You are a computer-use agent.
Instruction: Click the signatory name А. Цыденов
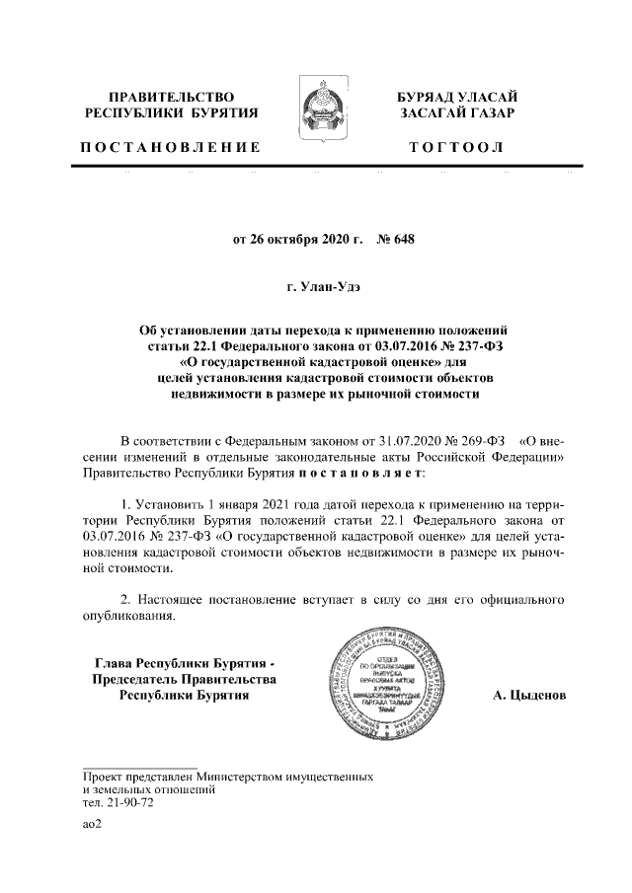(x=529, y=696)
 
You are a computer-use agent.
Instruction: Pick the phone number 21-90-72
(x=128, y=803)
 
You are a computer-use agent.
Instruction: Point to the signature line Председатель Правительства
(x=185, y=679)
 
